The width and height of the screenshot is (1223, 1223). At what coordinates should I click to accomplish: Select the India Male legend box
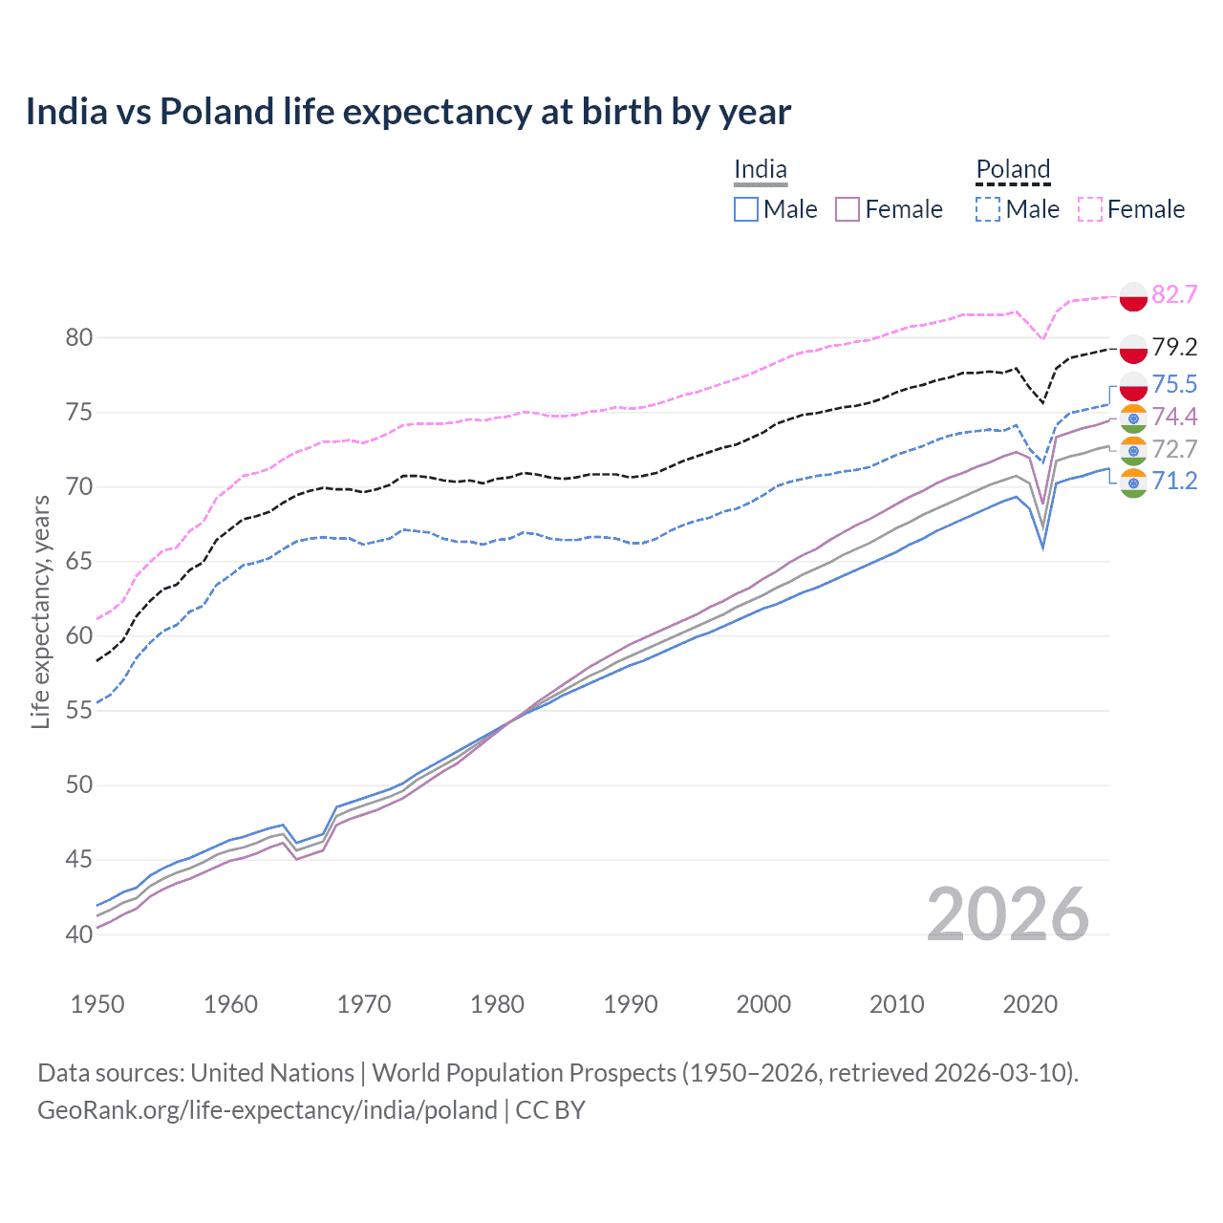(746, 209)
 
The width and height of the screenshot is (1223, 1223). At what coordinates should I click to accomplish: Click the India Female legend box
(848, 209)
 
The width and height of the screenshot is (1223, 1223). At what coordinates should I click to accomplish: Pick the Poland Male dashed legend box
(988, 209)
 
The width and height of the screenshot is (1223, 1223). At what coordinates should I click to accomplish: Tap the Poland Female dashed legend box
(1090, 209)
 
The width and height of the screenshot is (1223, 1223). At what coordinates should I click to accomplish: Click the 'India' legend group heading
(761, 170)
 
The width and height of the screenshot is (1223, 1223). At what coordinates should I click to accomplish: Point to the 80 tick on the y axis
(79, 337)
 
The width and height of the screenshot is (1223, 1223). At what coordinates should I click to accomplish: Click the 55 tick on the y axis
(79, 710)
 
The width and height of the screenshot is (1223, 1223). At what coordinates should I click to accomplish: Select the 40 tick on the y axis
(79, 933)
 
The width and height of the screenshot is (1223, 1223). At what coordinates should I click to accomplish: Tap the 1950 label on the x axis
(97, 1004)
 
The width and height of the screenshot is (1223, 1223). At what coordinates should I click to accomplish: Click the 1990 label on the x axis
(631, 1004)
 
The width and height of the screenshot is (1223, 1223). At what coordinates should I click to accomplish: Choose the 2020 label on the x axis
(1030, 1004)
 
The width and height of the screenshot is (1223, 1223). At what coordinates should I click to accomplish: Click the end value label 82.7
(1174, 294)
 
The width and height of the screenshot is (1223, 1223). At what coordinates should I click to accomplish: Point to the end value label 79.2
(1174, 347)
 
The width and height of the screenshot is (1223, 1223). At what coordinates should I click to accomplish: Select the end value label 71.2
(1174, 481)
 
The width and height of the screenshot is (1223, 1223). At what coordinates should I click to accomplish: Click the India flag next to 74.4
(1133, 418)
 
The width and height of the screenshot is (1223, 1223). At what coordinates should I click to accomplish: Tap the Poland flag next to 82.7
(1133, 296)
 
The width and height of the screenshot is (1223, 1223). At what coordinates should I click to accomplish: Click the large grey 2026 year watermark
(1008, 914)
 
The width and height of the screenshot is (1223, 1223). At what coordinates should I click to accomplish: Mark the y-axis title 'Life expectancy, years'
(40, 611)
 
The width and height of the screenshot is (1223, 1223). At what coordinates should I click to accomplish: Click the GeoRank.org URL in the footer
(268, 1110)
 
